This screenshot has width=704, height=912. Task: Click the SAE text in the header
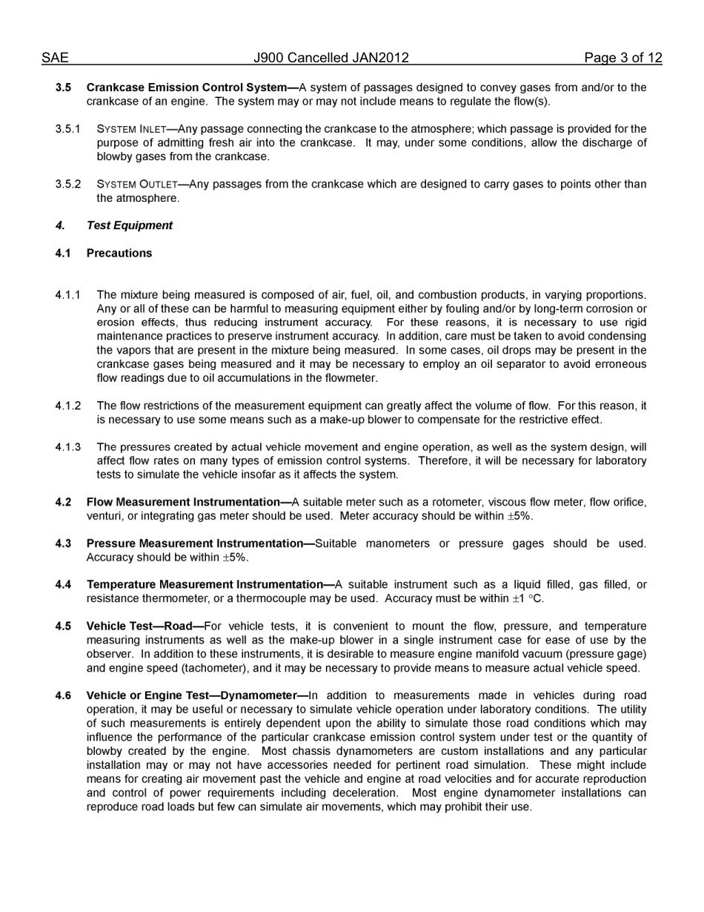[x=55, y=58]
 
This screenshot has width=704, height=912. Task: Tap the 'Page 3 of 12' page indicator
[x=622, y=58]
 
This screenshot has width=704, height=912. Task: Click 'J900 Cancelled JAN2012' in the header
[x=331, y=58]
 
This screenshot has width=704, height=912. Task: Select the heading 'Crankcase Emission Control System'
[x=187, y=87]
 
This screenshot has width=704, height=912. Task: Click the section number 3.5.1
[x=67, y=129]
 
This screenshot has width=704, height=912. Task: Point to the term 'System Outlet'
[x=137, y=185]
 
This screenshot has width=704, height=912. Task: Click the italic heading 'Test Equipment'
[x=129, y=225]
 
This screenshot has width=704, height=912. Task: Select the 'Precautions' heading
[x=119, y=253]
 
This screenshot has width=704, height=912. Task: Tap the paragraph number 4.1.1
[x=67, y=295]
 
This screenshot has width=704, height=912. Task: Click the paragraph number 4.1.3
[x=67, y=447]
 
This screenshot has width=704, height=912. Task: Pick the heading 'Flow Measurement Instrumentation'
[x=183, y=502]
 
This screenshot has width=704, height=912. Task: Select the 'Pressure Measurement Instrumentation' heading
[x=195, y=543]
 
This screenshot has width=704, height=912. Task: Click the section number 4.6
[x=63, y=695]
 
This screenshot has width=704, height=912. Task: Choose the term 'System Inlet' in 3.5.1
[x=132, y=129]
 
